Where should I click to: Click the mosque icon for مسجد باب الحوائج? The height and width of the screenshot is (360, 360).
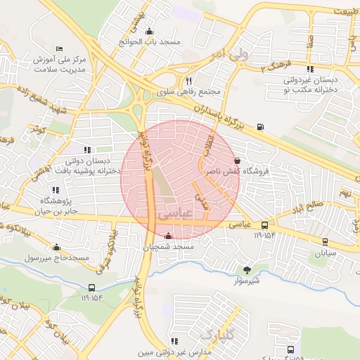coord(149,32)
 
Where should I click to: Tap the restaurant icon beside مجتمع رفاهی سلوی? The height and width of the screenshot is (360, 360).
coord(188,82)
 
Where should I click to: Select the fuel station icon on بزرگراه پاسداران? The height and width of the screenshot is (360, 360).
coord(261,127)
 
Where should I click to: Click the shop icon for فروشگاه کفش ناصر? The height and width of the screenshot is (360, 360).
coord(236,160)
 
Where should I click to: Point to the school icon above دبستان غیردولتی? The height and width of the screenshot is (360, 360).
coord(309,69)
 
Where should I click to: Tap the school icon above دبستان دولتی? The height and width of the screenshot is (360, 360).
coord(87,150)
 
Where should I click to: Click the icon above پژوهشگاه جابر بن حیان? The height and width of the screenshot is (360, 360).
coord(56,190)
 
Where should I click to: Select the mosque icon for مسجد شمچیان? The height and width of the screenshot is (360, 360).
coord(167,236)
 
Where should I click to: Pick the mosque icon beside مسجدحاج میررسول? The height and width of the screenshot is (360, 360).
coord(56,247)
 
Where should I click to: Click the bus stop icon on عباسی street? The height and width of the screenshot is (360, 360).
coord(264,225)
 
